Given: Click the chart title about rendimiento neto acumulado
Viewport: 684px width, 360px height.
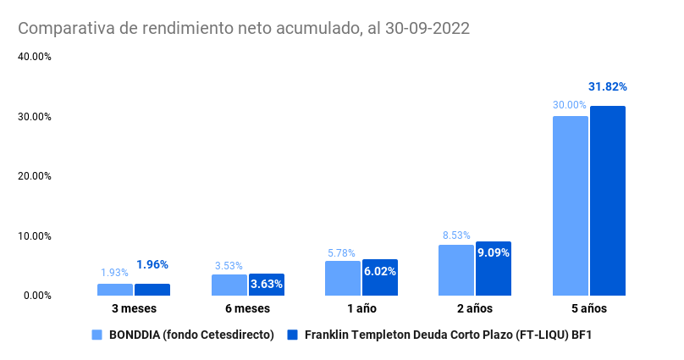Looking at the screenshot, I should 244,28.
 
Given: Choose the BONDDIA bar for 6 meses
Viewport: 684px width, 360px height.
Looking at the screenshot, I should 229,285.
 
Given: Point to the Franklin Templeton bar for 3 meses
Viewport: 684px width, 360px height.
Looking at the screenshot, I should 152,289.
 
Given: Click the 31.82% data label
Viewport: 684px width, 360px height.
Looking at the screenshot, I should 607,86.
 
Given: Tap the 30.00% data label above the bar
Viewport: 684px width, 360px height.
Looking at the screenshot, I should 570,105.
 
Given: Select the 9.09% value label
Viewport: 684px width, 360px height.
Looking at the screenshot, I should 494,252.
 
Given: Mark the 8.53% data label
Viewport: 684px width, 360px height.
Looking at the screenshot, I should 455,235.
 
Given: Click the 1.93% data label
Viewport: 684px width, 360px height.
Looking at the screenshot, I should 114,273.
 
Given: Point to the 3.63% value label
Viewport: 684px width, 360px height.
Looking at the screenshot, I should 266,284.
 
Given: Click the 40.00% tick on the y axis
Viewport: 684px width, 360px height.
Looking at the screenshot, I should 35,57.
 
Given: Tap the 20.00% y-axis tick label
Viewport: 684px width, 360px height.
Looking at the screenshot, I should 35,176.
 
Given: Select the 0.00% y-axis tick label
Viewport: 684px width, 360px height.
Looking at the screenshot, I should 37,295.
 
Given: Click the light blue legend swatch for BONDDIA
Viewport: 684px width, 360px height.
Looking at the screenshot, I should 97,335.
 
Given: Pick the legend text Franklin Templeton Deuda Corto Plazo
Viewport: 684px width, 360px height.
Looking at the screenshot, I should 447,335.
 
